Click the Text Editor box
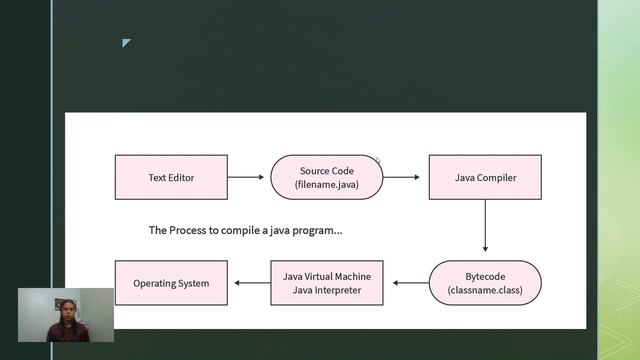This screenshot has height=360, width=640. point(171,177)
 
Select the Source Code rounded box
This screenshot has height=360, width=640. point(327,177)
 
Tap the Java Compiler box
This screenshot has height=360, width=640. point(485,177)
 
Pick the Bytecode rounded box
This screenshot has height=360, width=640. point(485,283)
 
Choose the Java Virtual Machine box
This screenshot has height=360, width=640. point(327,283)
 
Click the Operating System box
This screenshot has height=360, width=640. point(171,283)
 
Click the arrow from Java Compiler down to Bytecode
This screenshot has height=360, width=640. point(485,228)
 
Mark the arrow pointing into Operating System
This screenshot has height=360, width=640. point(249,283)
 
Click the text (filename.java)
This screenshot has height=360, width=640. point(327,185)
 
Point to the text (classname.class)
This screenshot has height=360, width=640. point(485,291)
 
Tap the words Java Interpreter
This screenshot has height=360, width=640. point(327,291)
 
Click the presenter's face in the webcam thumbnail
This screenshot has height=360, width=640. point(67,307)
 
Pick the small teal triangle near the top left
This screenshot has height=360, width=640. point(126,42)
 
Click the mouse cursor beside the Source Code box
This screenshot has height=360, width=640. point(379,159)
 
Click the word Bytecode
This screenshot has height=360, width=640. point(485,276)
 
